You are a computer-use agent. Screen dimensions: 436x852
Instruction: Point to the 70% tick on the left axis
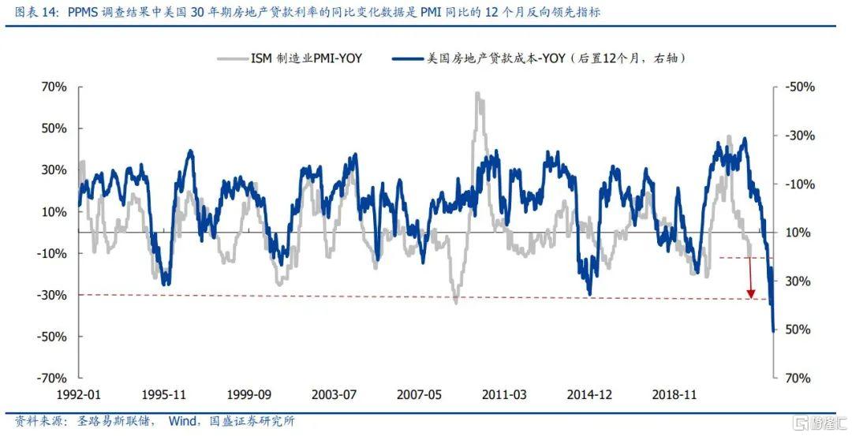coord(54,87)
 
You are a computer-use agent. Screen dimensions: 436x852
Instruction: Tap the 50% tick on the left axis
coord(54,129)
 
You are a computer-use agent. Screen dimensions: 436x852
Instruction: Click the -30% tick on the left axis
coord(51,295)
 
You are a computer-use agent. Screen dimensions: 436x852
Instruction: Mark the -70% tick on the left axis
coord(51,378)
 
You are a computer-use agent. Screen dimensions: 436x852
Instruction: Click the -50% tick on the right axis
coord(798,87)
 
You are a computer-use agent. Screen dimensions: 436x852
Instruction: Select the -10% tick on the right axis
coord(798,184)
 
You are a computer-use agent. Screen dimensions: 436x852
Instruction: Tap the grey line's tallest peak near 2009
coord(478,94)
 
